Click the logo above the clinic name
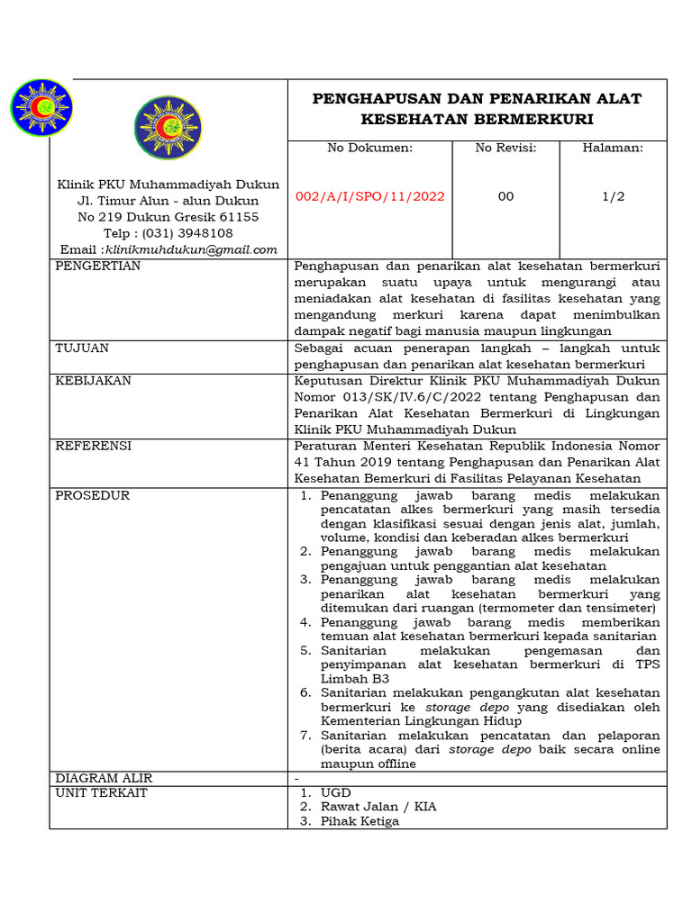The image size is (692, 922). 168,128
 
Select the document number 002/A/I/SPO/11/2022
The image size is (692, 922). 370,196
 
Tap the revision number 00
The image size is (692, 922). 505,196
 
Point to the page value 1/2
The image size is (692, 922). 613,196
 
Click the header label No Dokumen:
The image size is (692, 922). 369,148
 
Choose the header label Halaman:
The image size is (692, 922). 613,148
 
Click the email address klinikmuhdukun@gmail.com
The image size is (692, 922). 191,249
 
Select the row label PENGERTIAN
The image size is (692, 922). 97,267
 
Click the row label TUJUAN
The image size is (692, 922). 82,348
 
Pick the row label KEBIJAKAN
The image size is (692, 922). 93,381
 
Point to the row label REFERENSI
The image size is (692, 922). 93,446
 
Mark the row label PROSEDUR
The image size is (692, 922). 92,495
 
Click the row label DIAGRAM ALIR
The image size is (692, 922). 104,778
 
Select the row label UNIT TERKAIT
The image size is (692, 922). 101,792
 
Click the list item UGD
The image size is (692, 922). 335,792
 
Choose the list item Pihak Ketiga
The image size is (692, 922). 360,821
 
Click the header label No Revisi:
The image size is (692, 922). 505,148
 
